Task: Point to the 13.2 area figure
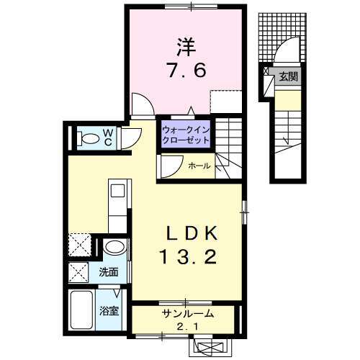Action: tap(186, 256)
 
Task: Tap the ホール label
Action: tap(199, 166)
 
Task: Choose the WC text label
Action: tap(107, 136)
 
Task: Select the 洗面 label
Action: tap(109, 272)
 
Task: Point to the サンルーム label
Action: tap(186, 315)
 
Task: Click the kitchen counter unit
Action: tap(117, 209)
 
